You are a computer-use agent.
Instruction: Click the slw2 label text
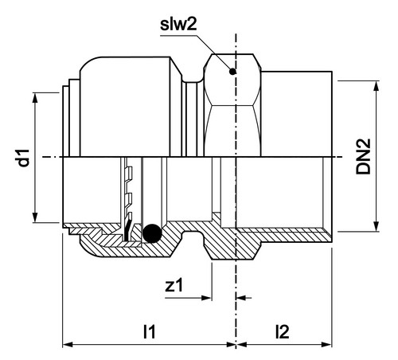point(178,24)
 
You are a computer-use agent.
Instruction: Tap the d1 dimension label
point(24,158)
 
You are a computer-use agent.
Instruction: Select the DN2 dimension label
point(363,157)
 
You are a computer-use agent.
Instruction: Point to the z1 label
point(174,285)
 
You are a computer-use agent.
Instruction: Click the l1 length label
point(149,331)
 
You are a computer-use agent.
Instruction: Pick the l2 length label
point(283,331)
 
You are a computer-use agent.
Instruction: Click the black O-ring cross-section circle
point(152,233)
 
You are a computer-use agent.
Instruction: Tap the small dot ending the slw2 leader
point(232,72)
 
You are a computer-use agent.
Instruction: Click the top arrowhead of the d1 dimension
point(35,98)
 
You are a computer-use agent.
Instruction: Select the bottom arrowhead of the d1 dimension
point(35,217)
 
